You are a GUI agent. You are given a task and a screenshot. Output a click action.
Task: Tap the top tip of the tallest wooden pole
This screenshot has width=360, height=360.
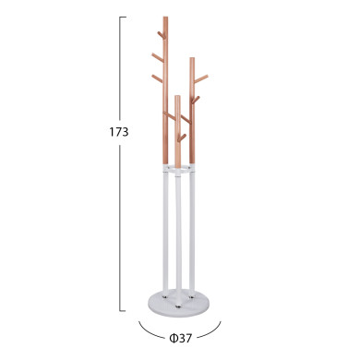click(165, 18)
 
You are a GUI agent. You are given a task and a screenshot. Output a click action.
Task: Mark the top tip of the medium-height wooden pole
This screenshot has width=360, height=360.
click(192, 60)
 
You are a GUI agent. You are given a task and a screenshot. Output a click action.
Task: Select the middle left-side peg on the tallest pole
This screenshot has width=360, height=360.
click(157, 56)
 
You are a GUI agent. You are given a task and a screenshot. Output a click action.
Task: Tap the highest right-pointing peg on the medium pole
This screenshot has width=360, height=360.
click(201, 77)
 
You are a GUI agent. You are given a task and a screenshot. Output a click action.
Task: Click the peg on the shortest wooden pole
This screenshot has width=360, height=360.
click(183, 137)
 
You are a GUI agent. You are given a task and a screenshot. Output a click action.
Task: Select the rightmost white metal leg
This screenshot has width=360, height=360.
click(193, 231)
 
